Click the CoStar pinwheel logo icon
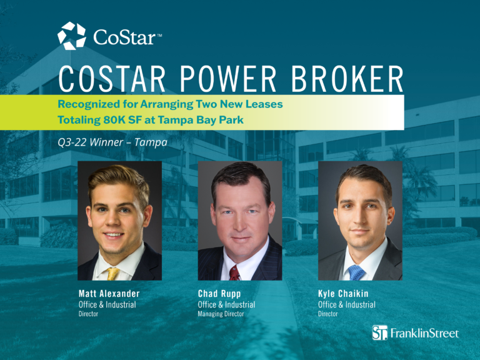tap(72, 36)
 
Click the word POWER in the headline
tap(228, 79)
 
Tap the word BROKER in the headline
tap(347, 79)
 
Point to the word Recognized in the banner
tap(89, 104)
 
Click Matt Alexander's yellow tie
tap(112, 274)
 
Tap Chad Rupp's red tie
tap(234, 272)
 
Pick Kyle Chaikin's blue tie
tap(356, 272)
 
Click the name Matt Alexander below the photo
tap(109, 294)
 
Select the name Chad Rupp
tap(219, 294)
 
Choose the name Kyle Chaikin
tap(343, 294)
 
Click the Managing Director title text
tap(221, 314)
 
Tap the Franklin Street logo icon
tap(379, 332)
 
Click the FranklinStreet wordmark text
tap(424, 333)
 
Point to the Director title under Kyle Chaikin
tap(328, 314)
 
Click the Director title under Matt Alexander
tap(89, 314)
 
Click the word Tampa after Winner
tap(151, 143)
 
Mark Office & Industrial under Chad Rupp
tap(226, 304)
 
